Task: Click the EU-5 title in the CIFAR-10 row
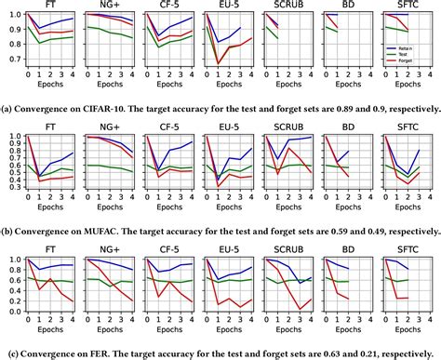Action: click(227, 6)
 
